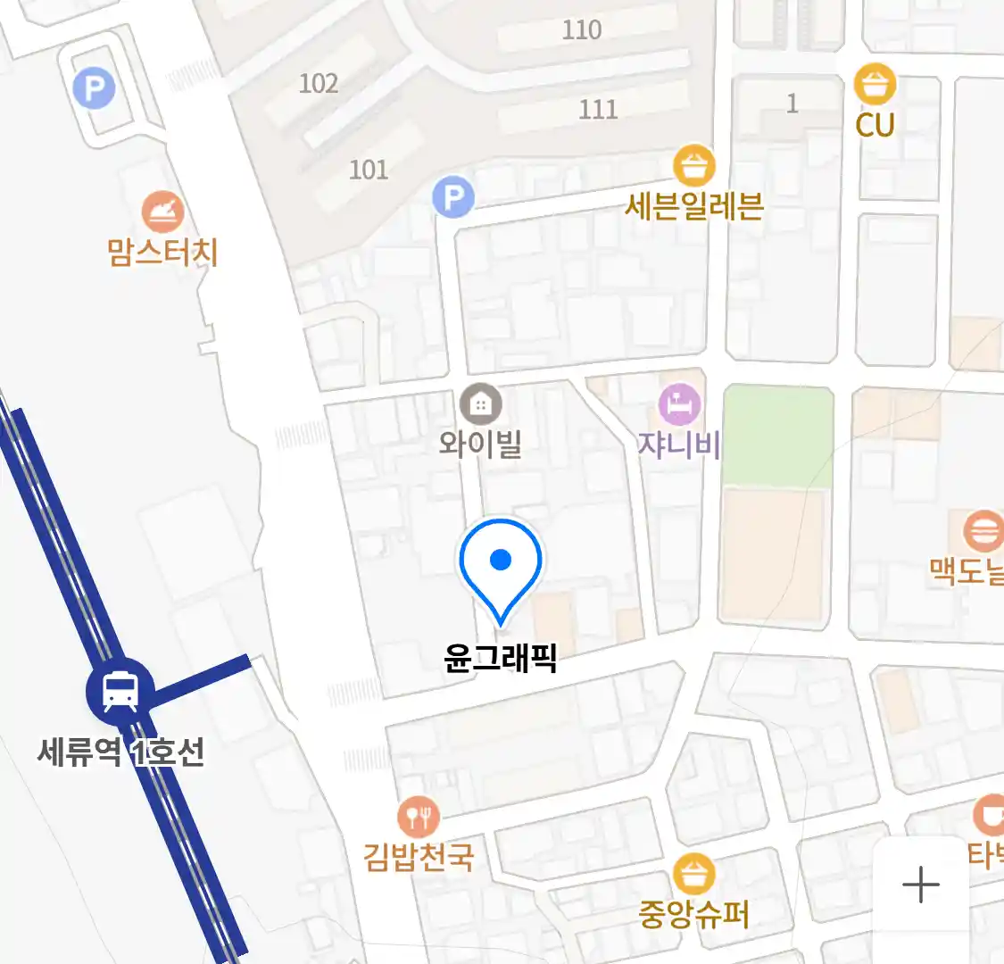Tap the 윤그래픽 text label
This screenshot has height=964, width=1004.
(501, 659)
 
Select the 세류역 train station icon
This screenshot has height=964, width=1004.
(120, 691)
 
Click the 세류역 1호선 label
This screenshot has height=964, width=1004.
(121, 752)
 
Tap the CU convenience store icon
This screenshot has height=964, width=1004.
(875, 86)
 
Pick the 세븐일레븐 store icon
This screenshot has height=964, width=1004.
(694, 166)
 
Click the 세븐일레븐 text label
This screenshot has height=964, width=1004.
(694, 207)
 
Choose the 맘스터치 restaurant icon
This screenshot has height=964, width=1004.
(162, 212)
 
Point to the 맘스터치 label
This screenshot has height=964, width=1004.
(162, 253)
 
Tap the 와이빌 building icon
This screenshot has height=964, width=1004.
(480, 405)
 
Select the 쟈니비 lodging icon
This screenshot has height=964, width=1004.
(680, 405)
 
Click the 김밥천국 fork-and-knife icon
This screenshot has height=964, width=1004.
(418, 816)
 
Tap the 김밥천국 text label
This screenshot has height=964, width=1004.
(418, 857)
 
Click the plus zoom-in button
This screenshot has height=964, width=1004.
(921, 885)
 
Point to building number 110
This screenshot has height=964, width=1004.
(582, 29)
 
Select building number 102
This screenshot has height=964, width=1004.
(319, 84)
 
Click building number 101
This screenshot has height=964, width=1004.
(369, 170)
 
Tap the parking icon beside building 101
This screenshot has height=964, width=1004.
(453, 196)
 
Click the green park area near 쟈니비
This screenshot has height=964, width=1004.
(777, 436)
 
